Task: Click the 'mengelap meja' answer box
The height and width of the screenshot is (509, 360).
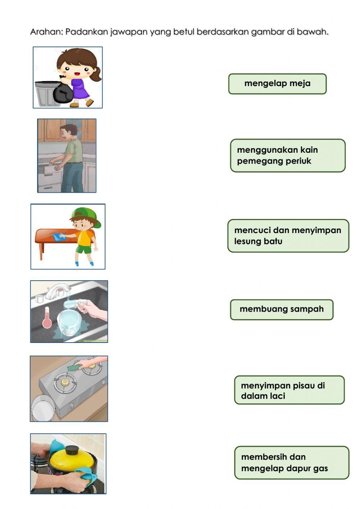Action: [277, 84]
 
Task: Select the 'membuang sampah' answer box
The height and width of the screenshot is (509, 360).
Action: [282, 309]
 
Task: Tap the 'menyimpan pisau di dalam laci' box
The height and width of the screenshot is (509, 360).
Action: [289, 390]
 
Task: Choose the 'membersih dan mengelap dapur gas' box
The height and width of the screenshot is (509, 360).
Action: [292, 463]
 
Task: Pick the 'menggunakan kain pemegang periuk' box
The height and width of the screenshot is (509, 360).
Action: [288, 156]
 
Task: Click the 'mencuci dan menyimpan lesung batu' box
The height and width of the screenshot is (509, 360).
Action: [288, 236]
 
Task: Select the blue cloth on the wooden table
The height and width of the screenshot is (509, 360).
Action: [58, 237]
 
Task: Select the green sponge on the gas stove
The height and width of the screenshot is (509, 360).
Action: [75, 367]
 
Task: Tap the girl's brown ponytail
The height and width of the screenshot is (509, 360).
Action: [97, 74]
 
